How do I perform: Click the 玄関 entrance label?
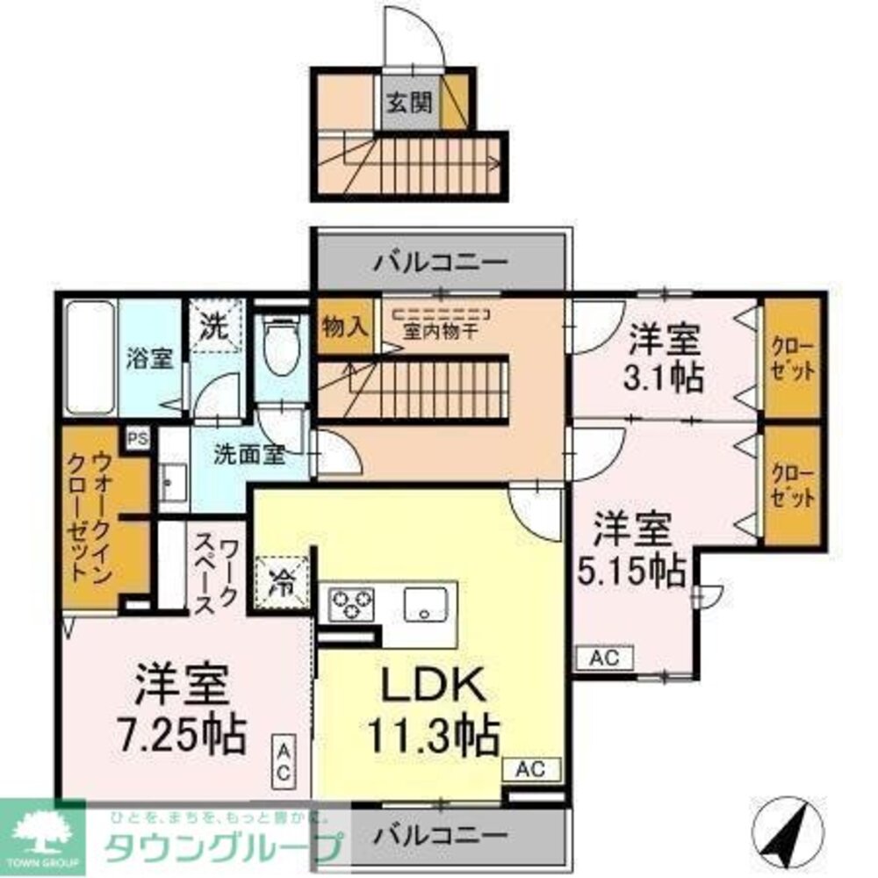click(409, 103)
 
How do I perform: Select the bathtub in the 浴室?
click(90, 358)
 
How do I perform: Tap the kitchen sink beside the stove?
click(426, 604)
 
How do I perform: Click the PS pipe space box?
click(136, 438)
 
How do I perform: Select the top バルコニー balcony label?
click(440, 263)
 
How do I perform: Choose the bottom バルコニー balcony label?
click(439, 833)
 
